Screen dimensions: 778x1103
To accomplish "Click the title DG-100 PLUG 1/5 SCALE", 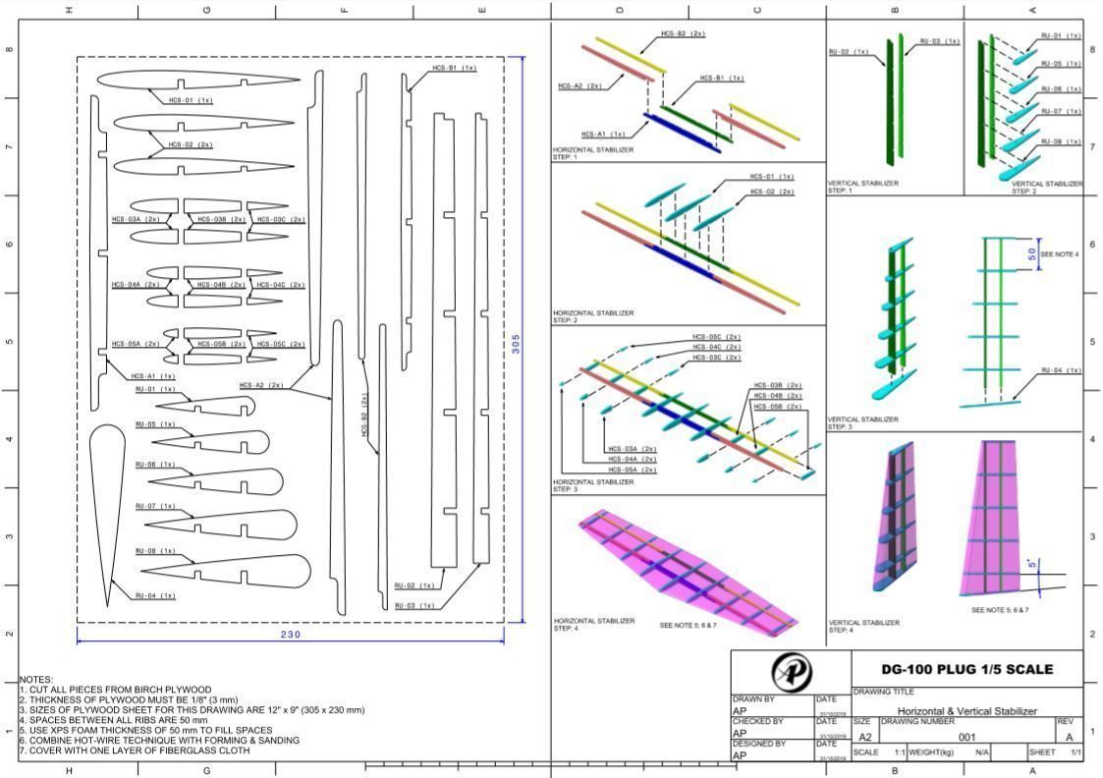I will pos(966,669).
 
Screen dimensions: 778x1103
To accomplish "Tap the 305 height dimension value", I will pos(516,344).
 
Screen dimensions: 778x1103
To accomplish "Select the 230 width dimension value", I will pos(290,635).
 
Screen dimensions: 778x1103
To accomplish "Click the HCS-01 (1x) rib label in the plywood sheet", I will pos(191,100).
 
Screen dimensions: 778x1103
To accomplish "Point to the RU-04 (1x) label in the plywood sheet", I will pos(154,595).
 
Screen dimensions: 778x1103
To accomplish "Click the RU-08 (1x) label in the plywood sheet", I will pos(154,551).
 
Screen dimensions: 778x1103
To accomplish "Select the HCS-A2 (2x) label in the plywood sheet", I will pos(261,385).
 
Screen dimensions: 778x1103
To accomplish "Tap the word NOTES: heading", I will pos(37,679).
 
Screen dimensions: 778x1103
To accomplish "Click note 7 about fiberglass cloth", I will pos(135,750).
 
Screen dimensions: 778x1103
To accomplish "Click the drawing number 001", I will pos(966,736).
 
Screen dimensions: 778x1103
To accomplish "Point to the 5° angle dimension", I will pos(1031,564).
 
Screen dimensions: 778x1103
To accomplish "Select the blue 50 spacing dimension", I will pos(1031,252).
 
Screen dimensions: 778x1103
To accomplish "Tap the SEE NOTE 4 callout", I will pos(1060,254).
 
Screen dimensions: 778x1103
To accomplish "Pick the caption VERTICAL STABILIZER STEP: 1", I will pos(863,186).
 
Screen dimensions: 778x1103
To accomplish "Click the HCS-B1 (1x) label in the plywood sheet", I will pos(454,69).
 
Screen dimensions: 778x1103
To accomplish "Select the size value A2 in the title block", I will pos(865,736).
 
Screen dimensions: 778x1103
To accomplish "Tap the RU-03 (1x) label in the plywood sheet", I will pos(414,605).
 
